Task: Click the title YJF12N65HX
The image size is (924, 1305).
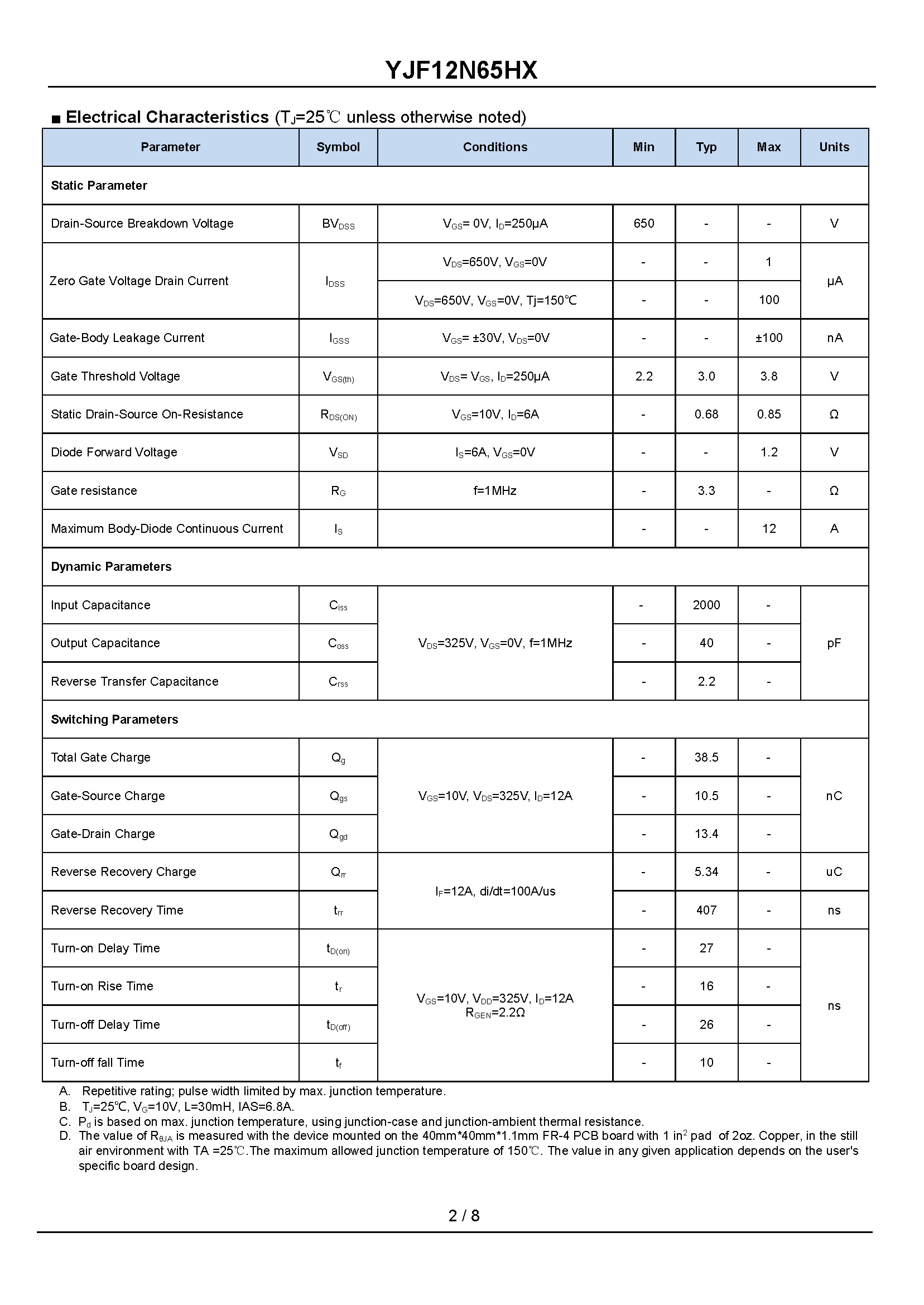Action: [461, 70]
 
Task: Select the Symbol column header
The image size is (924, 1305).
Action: [338, 147]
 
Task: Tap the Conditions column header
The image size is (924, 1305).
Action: [495, 147]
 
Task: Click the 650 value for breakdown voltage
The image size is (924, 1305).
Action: [643, 223]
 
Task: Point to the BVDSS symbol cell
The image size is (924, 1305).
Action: [338, 224]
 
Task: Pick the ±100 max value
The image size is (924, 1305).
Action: [769, 338]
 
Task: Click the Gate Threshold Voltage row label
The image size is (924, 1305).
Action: [115, 376]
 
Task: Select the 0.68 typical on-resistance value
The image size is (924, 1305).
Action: [706, 414]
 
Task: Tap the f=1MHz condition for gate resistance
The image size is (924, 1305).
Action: [495, 490]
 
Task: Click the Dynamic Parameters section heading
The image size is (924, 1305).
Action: [111, 567]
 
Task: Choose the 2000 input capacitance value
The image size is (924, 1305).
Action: [706, 605]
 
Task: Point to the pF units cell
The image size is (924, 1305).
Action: [834, 643]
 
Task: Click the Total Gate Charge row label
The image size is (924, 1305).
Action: [100, 757]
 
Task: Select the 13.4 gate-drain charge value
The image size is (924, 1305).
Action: [706, 834]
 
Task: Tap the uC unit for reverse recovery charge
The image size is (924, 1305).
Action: [834, 871]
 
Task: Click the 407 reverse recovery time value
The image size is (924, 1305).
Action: [706, 910]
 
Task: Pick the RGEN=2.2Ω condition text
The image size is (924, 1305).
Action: [495, 1013]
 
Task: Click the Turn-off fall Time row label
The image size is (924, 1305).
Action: [97, 1062]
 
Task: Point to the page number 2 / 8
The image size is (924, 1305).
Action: [464, 1216]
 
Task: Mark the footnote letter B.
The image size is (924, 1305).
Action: [64, 1106]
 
